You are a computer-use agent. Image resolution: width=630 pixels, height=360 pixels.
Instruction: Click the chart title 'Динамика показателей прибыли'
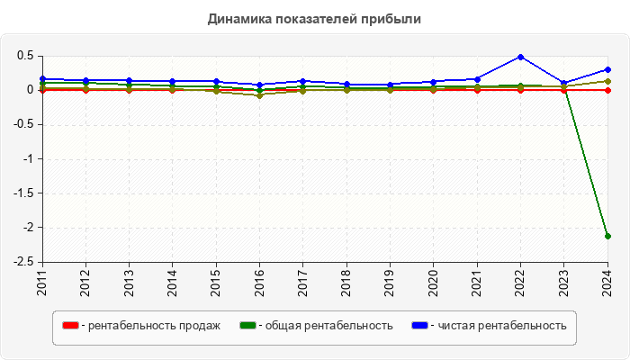(315, 18)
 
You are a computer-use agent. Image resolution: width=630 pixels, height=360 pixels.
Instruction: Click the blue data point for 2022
(520, 57)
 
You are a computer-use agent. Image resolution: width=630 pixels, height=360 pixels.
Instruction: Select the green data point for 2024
(607, 236)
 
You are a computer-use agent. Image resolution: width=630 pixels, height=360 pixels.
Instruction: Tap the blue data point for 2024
(607, 69)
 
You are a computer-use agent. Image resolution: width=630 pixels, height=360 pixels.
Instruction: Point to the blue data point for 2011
(41, 78)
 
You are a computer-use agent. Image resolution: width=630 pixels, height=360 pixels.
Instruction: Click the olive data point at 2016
(259, 94)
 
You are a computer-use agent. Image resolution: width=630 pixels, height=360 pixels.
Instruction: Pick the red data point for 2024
(607, 90)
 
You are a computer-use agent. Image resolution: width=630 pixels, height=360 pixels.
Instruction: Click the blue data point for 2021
(477, 79)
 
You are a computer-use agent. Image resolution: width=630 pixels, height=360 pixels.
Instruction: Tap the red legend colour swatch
(69, 325)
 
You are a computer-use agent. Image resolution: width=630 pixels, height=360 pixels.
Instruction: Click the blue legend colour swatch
(418, 325)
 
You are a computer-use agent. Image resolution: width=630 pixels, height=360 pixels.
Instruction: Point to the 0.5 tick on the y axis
(24, 56)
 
